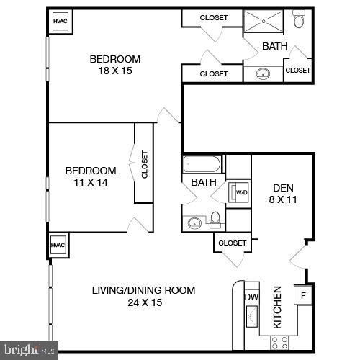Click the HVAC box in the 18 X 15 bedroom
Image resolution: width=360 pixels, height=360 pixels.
pos(60,22)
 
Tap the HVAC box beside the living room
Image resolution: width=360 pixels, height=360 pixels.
pos(58,245)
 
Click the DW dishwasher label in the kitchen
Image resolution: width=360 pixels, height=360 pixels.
pos(251,297)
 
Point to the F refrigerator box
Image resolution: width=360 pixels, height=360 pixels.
pos(303,295)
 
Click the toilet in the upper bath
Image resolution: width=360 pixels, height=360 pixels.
pos(299,21)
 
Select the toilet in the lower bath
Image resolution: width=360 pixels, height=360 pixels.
pos(215,220)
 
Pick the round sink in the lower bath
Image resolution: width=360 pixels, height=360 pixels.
pos(195,222)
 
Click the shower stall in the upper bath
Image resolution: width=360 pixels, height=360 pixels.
pos(264,22)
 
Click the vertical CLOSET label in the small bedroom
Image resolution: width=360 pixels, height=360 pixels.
pos(144,164)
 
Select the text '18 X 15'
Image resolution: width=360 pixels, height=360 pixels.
pos(114,71)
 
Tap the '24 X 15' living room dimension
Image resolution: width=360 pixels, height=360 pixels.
pos(143,302)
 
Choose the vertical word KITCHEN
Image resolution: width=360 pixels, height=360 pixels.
pos(276,308)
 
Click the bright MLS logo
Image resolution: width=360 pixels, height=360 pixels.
pos(29,351)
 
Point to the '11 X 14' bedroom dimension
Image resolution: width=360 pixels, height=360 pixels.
pos(90,183)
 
